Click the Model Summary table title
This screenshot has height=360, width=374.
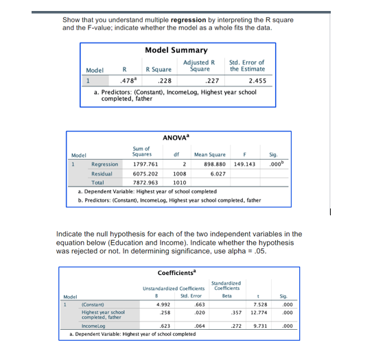coord(176,50)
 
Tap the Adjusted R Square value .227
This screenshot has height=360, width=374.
coord(204,80)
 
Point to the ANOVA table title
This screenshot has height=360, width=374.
coord(176,138)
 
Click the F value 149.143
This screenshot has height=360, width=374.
coord(244,165)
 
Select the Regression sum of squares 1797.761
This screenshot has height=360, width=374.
coord(145,165)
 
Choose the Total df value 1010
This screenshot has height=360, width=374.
coord(179,183)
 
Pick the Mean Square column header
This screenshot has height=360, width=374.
coord(210,155)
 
